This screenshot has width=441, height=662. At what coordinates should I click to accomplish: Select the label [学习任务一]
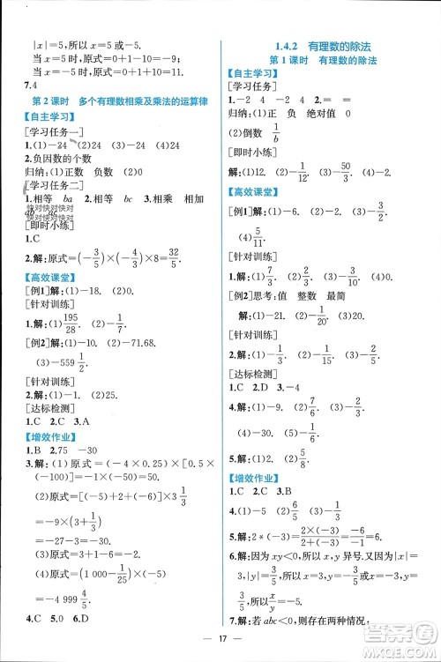coord(54,131)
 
